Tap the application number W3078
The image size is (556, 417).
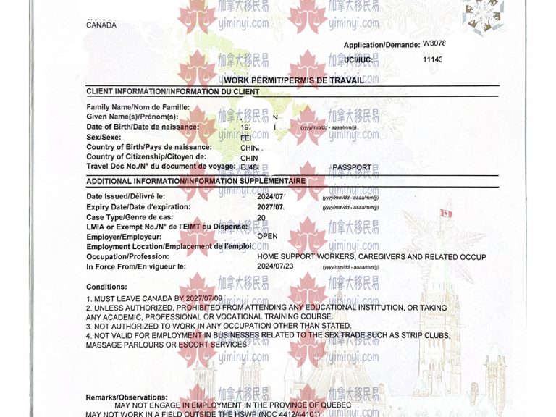(x=434, y=43)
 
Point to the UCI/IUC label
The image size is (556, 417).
(x=358, y=60)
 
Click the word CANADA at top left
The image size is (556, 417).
(x=101, y=25)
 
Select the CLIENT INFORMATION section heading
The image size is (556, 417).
(x=172, y=92)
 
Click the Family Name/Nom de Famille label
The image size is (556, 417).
(x=138, y=107)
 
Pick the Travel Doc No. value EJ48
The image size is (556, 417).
(x=250, y=167)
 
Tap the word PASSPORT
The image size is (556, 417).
(x=352, y=167)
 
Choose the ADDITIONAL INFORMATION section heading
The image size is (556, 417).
(x=195, y=181)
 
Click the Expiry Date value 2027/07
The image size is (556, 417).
(x=271, y=207)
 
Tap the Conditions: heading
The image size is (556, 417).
(x=107, y=287)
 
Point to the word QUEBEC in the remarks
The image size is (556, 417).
(x=335, y=405)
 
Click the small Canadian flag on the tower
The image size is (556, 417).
(x=447, y=213)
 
